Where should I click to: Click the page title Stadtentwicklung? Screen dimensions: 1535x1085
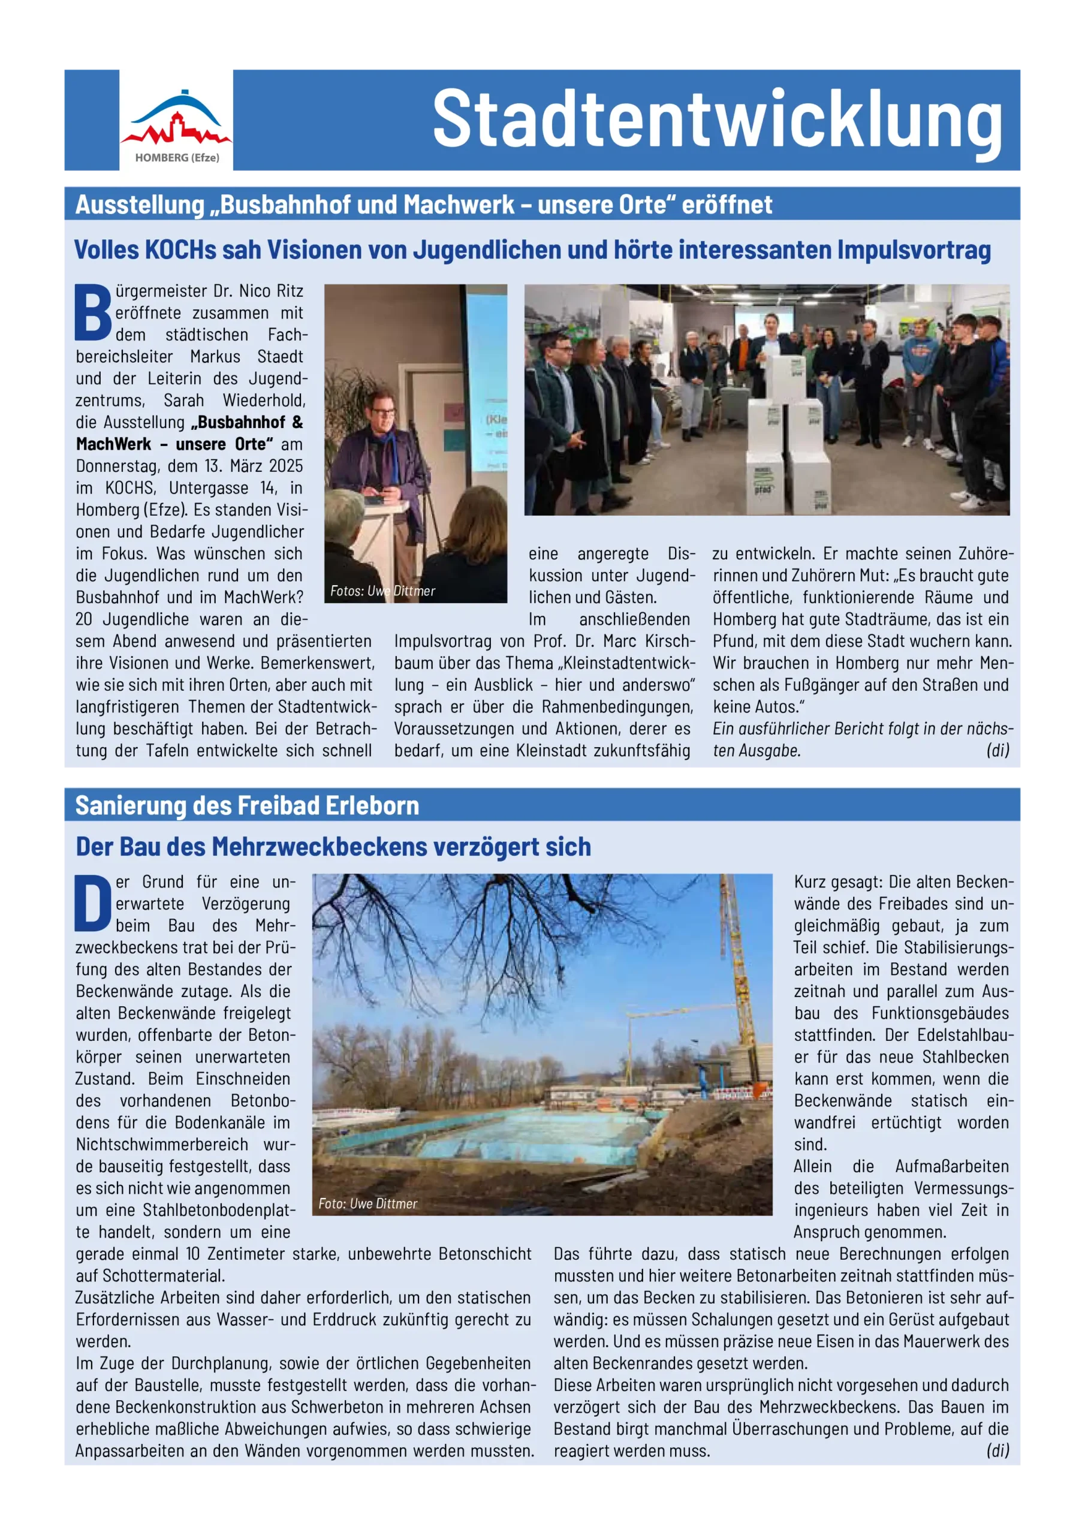pos(717,119)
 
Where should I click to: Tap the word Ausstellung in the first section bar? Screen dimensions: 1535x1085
pos(140,204)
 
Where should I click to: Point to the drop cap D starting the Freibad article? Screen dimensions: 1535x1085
pos(93,903)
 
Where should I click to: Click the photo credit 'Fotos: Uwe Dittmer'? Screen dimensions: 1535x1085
pos(382,591)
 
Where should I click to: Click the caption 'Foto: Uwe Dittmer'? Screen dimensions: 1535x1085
pos(367,1203)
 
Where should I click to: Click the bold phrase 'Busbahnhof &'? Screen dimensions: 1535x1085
pos(250,423)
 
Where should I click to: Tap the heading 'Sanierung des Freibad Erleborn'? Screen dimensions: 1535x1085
pos(247,806)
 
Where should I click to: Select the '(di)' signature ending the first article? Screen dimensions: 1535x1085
pos(997,750)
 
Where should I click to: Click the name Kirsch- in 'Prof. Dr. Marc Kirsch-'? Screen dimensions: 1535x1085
pos(671,641)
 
